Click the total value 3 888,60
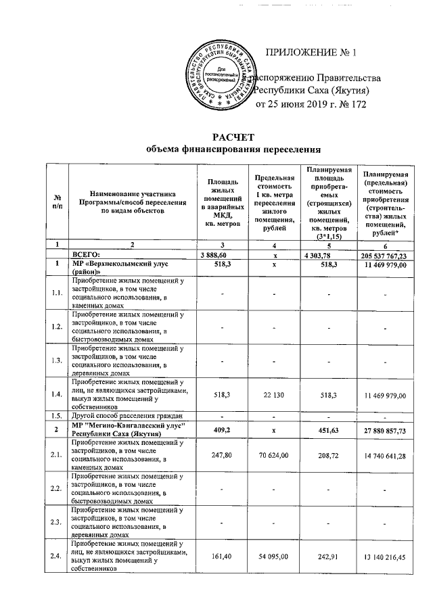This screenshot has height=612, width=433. coord(217,256)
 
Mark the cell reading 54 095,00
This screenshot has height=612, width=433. coord(275,557)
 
